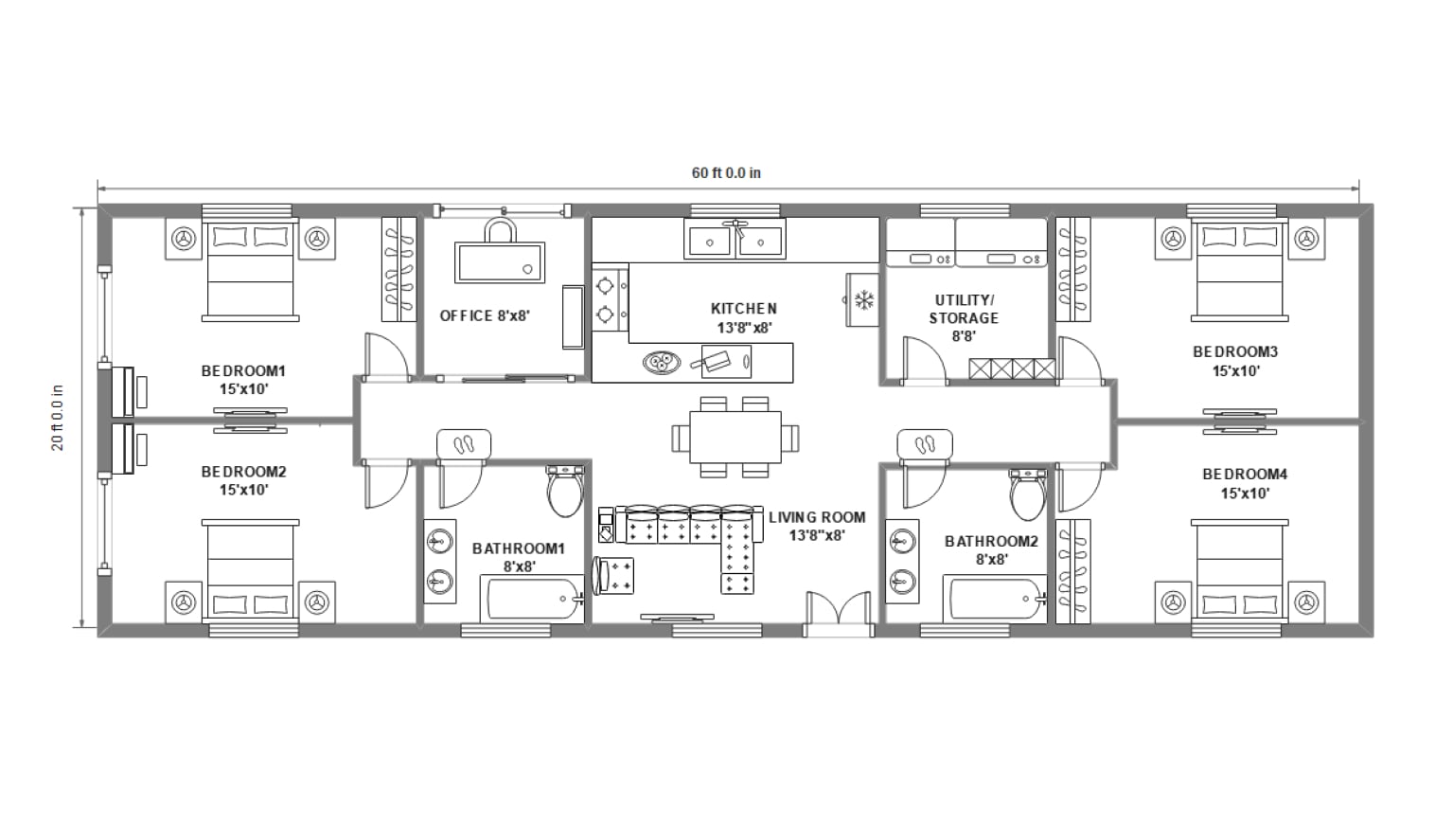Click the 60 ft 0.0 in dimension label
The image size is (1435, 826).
coord(726,172)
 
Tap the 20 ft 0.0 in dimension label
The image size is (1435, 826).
coord(59,417)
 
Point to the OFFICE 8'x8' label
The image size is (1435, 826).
coord(484,315)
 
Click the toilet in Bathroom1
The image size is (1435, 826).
coord(565,491)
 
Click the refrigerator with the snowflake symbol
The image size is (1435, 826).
coord(863,300)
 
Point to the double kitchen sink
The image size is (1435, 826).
coord(735,241)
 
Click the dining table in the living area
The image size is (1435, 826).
coord(735,438)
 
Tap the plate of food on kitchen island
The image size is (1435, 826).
coord(660,361)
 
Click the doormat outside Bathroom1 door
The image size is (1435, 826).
coord(464,443)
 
